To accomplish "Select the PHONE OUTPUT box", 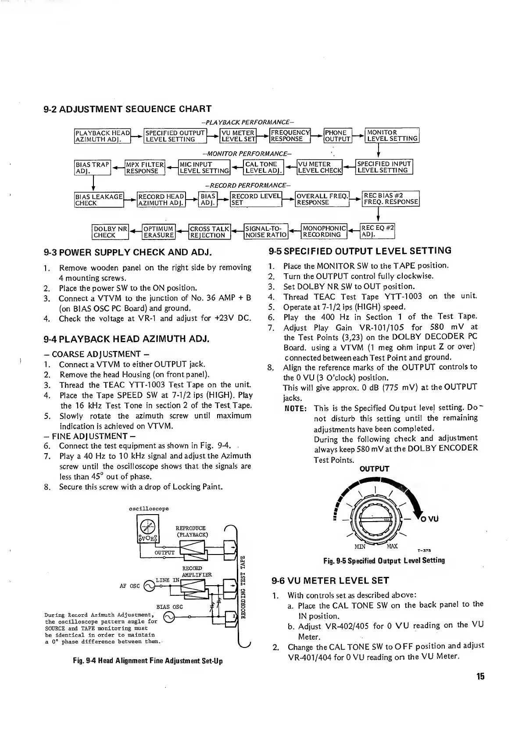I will (x=337, y=136).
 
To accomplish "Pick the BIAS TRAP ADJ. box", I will (x=93, y=167).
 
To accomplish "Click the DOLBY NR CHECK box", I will (x=110, y=232).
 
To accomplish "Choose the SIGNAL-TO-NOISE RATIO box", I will (x=266, y=232).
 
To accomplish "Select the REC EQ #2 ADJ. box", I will (x=377, y=231).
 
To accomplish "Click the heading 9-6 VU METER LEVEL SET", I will (x=330, y=581).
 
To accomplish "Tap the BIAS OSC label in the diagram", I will (x=169, y=607).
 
